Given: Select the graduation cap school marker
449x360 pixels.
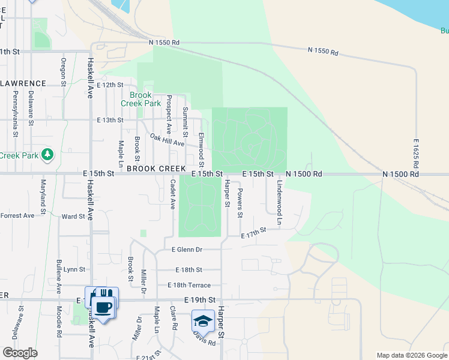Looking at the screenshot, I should click(203, 320).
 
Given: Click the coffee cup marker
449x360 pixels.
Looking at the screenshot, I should click(104, 307).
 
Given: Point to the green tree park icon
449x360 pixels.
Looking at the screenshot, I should click(47, 155).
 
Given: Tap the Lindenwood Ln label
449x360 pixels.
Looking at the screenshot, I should click(279, 202).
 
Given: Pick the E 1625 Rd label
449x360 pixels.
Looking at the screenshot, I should click(416, 153).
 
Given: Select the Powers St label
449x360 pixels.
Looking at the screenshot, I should click(240, 203).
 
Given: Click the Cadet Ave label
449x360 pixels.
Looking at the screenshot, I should click(172, 194).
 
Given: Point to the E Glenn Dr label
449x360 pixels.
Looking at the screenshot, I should click(187, 250).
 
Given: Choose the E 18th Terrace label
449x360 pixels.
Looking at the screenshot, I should click(189, 285).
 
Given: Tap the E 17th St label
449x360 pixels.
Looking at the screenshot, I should click(253, 233).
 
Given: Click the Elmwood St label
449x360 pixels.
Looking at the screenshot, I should click(201, 150).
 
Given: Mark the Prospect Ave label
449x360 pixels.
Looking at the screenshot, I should click(169, 113).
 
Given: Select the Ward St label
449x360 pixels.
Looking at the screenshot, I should click(73, 216).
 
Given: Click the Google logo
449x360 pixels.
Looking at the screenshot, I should click(19, 353).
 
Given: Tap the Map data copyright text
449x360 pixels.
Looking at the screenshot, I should click(411, 355).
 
